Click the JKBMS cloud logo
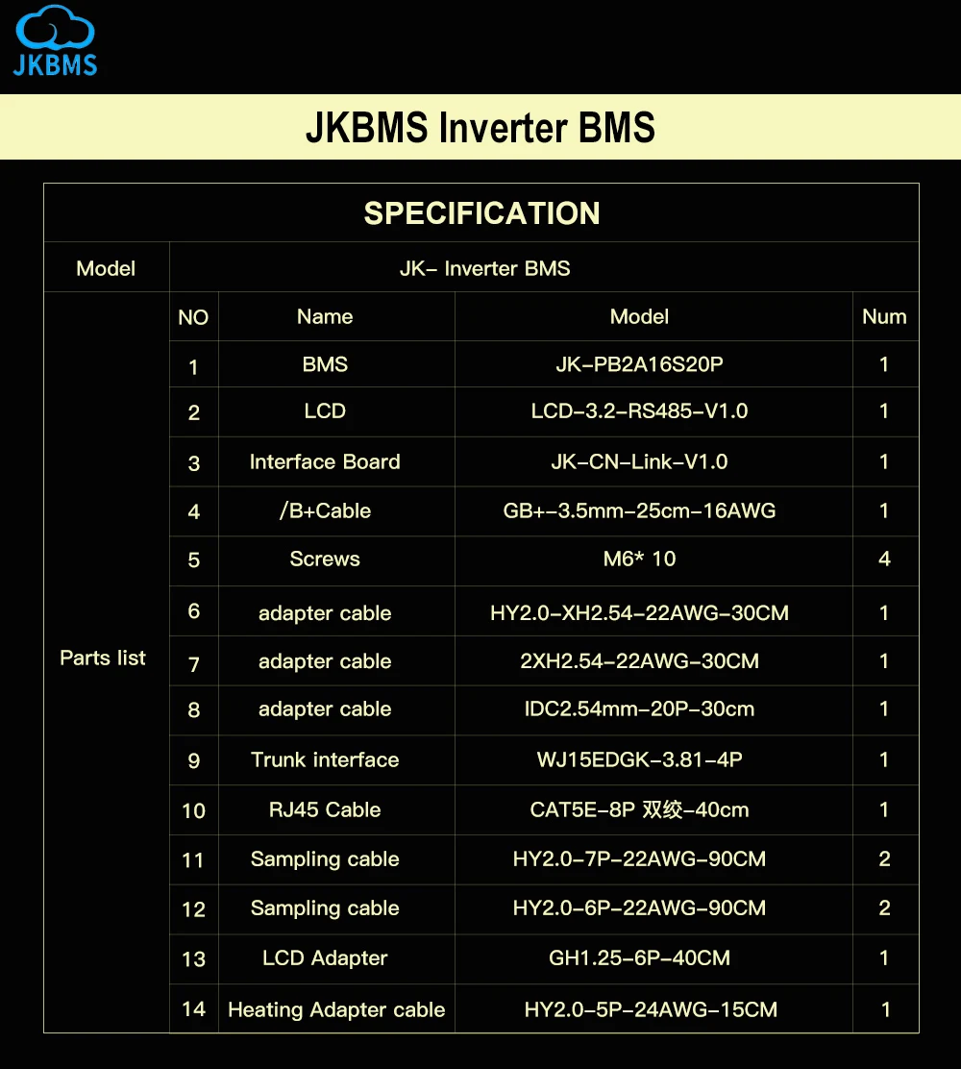[x=57, y=39]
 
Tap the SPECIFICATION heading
[x=481, y=212]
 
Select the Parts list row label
[x=103, y=659]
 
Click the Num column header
[x=884, y=316]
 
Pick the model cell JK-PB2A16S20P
[x=639, y=364]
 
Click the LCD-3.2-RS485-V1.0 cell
[x=639, y=411]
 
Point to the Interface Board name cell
[x=325, y=461]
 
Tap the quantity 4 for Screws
[x=884, y=559]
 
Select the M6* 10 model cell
[x=639, y=559]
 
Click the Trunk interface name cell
[x=325, y=759]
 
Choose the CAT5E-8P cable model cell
[x=639, y=809]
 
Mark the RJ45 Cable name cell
[x=325, y=809]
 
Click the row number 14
[x=193, y=1008]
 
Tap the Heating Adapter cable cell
[x=336, y=1009]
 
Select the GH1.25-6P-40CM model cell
[x=639, y=957]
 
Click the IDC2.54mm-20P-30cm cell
[x=639, y=709]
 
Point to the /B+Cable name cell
[x=325, y=510]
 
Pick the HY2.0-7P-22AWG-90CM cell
[x=639, y=858]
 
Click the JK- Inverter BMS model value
[x=484, y=268]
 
